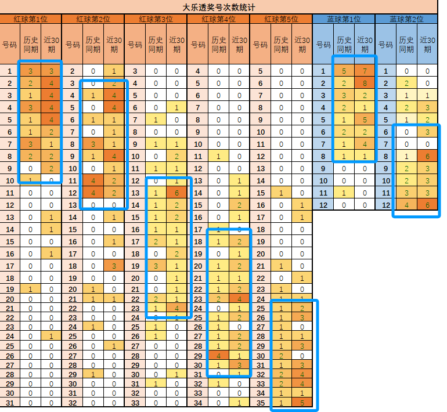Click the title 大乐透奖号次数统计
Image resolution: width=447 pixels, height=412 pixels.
(x=219, y=7)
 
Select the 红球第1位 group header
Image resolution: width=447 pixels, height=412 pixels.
(x=30, y=19)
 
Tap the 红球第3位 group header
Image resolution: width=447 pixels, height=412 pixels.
(x=156, y=19)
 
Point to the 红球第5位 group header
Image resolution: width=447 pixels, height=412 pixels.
(x=282, y=19)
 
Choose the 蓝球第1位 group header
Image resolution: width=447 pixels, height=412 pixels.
(x=344, y=19)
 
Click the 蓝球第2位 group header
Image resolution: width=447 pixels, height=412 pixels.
(x=406, y=19)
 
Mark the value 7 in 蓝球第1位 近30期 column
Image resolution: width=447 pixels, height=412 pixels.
(x=365, y=71)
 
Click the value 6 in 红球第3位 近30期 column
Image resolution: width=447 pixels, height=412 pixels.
(x=176, y=193)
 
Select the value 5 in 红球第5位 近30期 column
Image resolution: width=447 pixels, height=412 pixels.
(x=302, y=403)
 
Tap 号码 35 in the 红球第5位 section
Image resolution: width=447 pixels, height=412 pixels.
(x=260, y=403)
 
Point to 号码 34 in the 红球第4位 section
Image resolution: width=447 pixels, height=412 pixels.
(x=197, y=403)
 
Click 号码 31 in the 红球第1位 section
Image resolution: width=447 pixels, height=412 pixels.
(x=9, y=403)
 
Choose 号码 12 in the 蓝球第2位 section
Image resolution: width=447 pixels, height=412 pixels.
(x=385, y=205)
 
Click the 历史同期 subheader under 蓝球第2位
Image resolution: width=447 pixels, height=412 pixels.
(x=406, y=45)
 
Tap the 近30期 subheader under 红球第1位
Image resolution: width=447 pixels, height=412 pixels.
(x=51, y=45)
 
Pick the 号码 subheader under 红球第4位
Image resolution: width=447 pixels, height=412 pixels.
(x=197, y=45)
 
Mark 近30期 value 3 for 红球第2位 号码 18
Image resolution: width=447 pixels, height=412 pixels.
(x=114, y=266)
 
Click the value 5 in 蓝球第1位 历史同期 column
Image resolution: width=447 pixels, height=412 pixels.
(x=344, y=71)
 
